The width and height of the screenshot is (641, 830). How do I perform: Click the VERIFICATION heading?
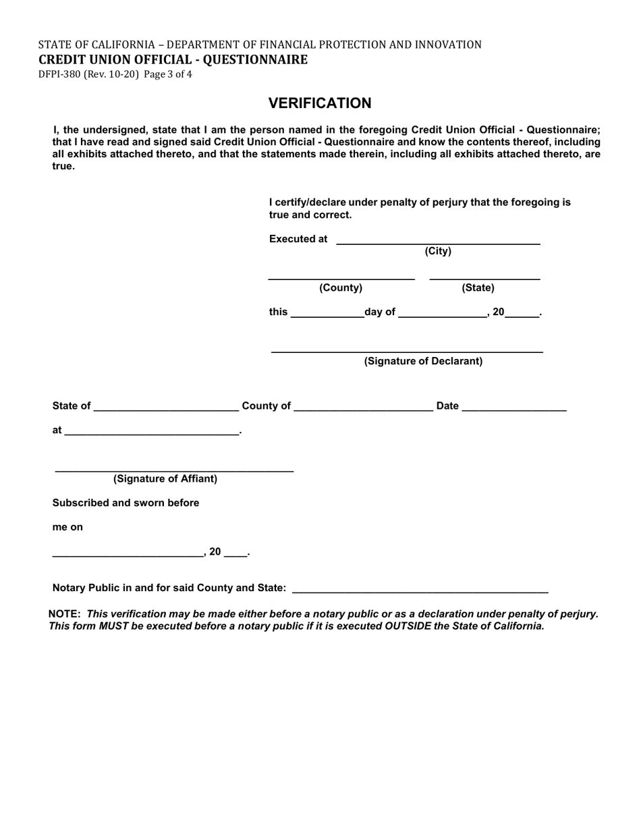coord(320,103)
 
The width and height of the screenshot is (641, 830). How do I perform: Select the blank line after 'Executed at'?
coord(437,240)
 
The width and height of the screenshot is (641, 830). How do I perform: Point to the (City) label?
coord(438,252)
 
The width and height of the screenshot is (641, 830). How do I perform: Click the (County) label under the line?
coord(341,288)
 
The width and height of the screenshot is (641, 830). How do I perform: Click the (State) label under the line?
coord(478,288)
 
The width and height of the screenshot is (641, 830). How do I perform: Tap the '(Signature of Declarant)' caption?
coord(423,361)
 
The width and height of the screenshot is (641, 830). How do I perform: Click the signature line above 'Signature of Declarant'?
coord(407,351)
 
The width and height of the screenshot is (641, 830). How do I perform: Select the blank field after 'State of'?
coord(167,407)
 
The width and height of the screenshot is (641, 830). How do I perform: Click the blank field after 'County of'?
coord(364,407)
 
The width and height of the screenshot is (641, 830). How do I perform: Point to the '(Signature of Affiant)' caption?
coord(165,479)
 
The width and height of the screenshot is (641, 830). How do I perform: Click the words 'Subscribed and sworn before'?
coord(126,503)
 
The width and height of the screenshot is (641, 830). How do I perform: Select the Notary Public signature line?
coord(421,590)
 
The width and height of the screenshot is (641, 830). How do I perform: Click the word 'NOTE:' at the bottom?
coord(65,614)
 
